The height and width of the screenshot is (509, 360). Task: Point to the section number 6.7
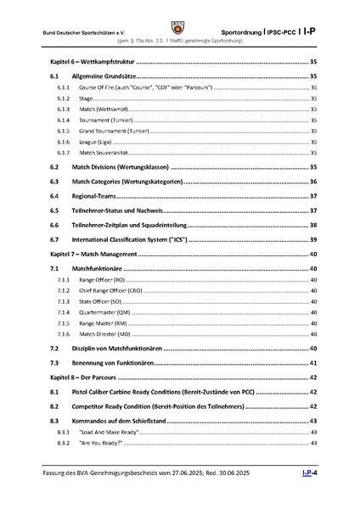pyautogui.click(x=54, y=240)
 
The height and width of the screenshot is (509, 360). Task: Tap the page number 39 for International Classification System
pyautogui.click(x=313, y=240)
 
